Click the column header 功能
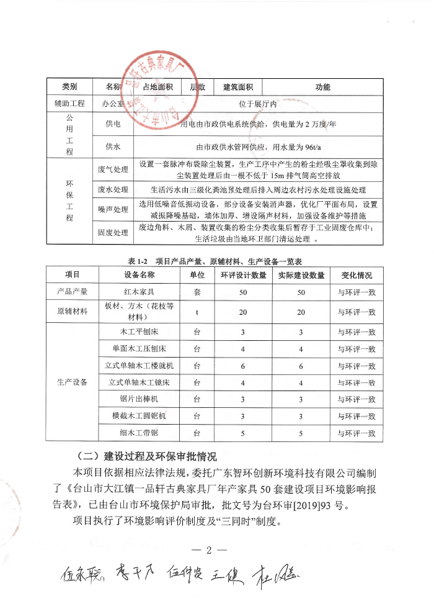coord(323,87)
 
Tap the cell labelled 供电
coord(112,124)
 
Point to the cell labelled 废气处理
coord(112,169)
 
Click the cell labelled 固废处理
coord(112,233)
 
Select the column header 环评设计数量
coord(242,274)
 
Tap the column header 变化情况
coord(356,274)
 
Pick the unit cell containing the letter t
coord(197,312)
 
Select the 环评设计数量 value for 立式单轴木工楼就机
coord(242,366)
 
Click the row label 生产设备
coord(72,382)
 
